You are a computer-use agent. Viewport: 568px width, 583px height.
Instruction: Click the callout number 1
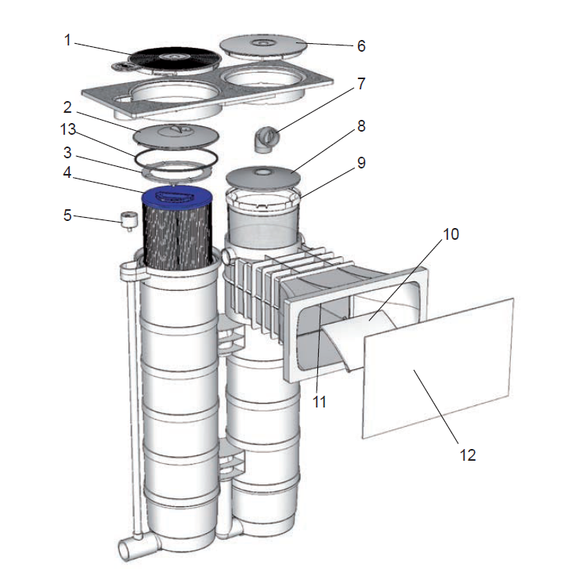67,40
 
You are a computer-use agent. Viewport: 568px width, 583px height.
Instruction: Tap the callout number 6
361,45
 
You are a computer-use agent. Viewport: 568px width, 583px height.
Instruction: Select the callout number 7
361,84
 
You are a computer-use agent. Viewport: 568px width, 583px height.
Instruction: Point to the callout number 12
467,454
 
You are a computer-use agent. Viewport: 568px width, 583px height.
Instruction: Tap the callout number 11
319,402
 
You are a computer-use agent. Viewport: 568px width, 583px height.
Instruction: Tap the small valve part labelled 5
124,219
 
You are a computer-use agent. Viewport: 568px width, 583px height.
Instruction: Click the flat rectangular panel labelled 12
439,368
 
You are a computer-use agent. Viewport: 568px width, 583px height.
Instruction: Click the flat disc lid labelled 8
264,176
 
